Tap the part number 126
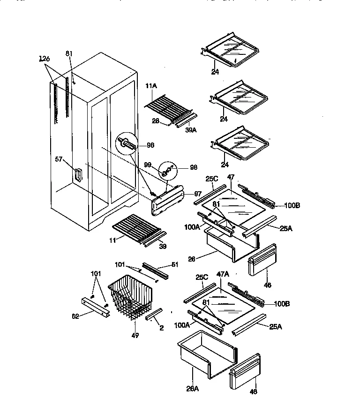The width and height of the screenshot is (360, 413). coord(45,59)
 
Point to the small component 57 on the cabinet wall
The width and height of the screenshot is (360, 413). coord(77,175)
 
